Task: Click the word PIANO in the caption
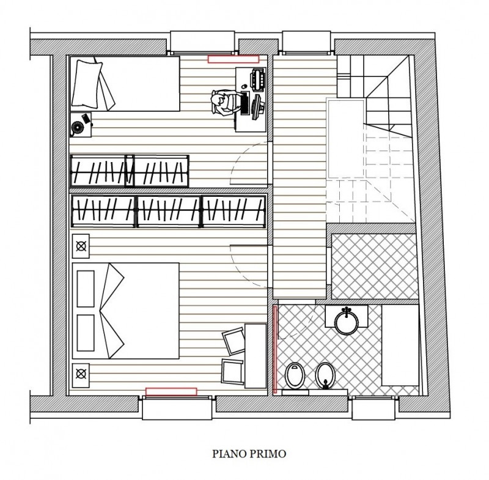(x=229, y=454)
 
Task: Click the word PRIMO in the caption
(x=267, y=454)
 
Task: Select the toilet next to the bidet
(x=294, y=376)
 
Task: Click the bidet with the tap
(x=325, y=375)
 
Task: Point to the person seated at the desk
(x=224, y=102)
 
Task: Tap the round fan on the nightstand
(x=78, y=127)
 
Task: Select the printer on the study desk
(x=258, y=80)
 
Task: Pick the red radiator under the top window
(x=233, y=59)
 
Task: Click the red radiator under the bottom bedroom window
(x=171, y=392)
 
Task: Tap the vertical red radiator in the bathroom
(x=275, y=349)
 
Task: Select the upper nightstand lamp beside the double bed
(x=81, y=246)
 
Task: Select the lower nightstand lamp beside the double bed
(x=81, y=374)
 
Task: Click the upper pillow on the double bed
(x=86, y=289)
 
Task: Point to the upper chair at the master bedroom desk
(x=233, y=341)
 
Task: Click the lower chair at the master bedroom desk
(x=232, y=371)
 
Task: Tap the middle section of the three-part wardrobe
(x=168, y=212)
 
